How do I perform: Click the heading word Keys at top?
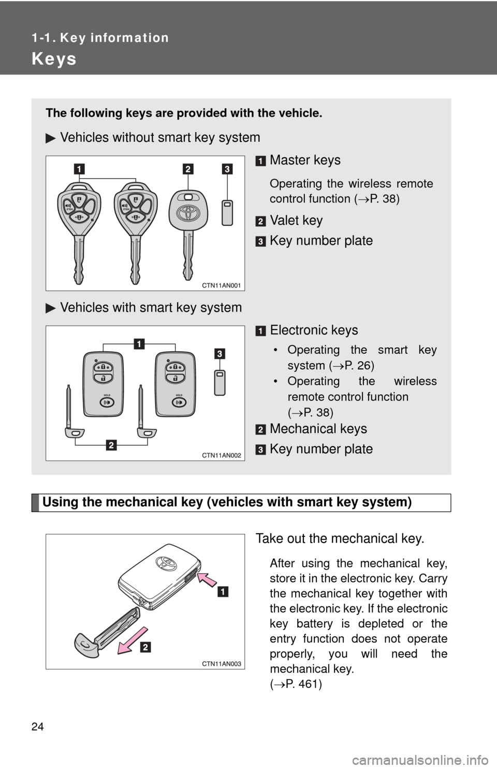click(54, 59)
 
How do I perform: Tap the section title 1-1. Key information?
click(100, 38)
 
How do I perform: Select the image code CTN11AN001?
click(222, 286)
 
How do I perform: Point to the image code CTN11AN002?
click(222, 455)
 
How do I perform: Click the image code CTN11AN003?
click(222, 664)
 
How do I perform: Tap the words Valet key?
click(296, 220)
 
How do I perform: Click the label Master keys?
click(305, 160)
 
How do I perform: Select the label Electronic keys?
click(314, 330)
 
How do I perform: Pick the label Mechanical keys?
click(318, 429)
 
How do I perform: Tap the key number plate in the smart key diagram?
click(220, 382)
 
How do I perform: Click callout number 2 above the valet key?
click(187, 168)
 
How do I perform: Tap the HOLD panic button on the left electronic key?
click(107, 403)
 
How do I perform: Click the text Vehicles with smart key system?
click(151, 307)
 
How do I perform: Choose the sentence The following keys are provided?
click(184, 113)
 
